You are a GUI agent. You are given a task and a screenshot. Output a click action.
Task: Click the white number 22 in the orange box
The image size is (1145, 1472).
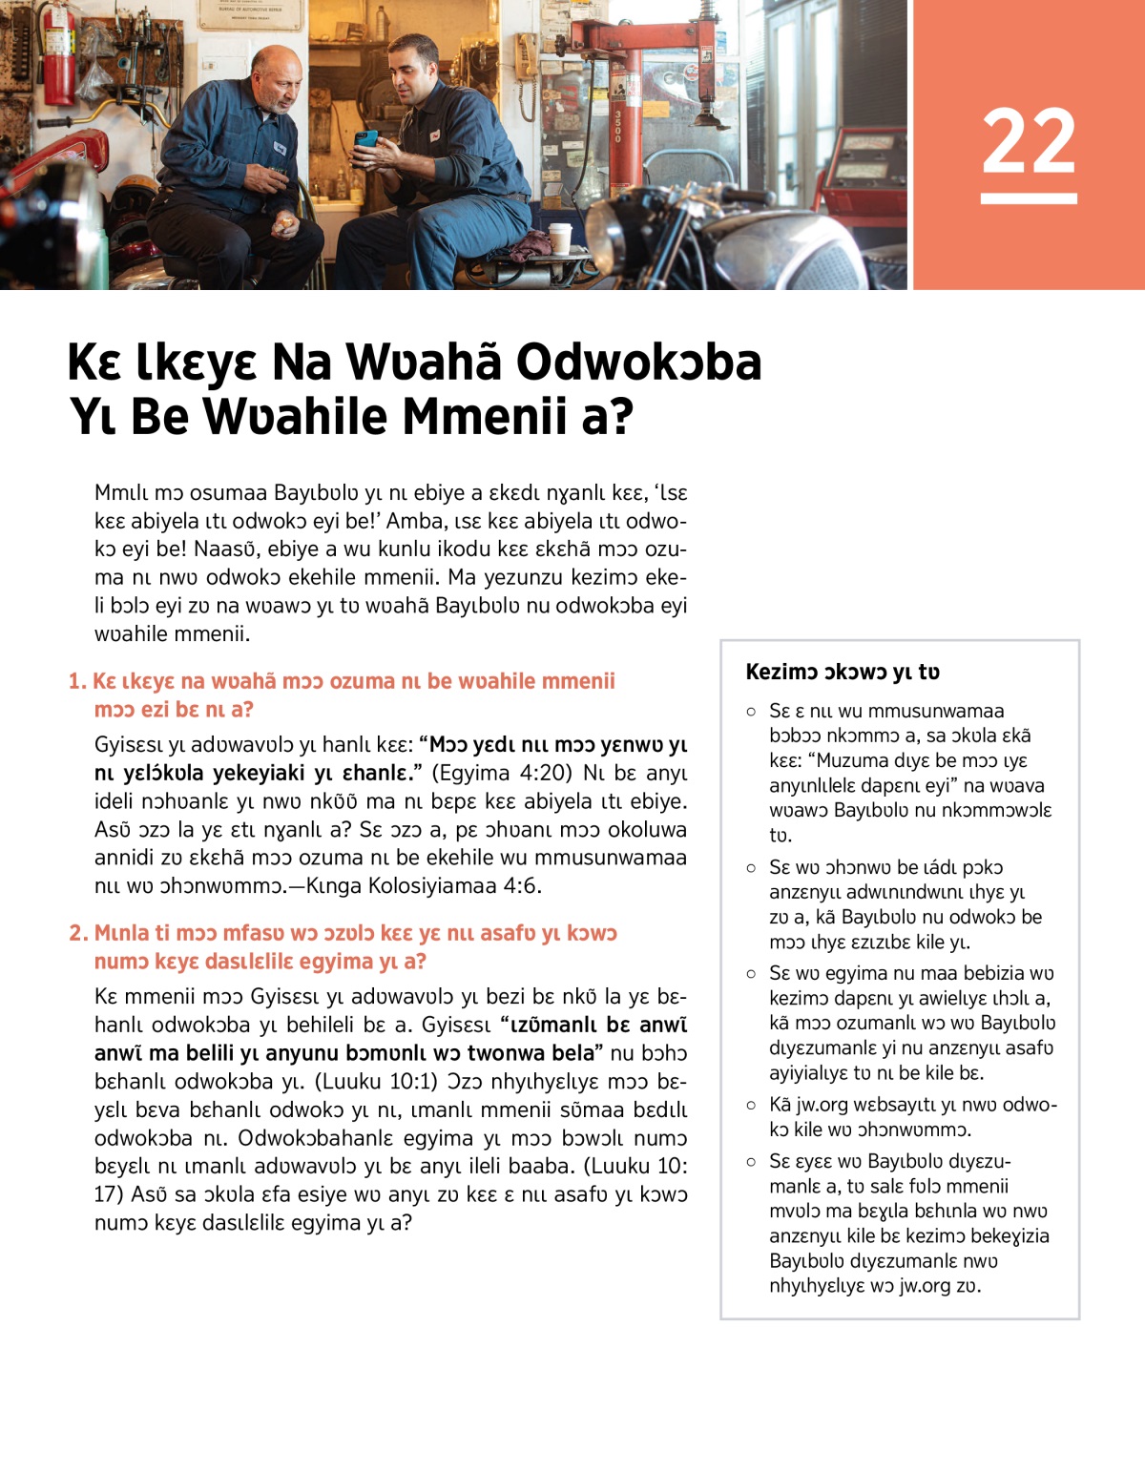tap(1029, 140)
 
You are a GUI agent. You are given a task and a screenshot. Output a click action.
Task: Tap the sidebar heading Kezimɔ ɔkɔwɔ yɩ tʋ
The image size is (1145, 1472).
tap(843, 672)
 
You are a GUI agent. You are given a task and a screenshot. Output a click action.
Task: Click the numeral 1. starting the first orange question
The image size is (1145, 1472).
tap(77, 681)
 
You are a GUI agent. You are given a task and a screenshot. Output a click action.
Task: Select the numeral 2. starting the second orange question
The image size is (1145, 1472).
tap(78, 933)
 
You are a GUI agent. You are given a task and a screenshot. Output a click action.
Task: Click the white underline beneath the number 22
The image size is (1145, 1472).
tap(1029, 198)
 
